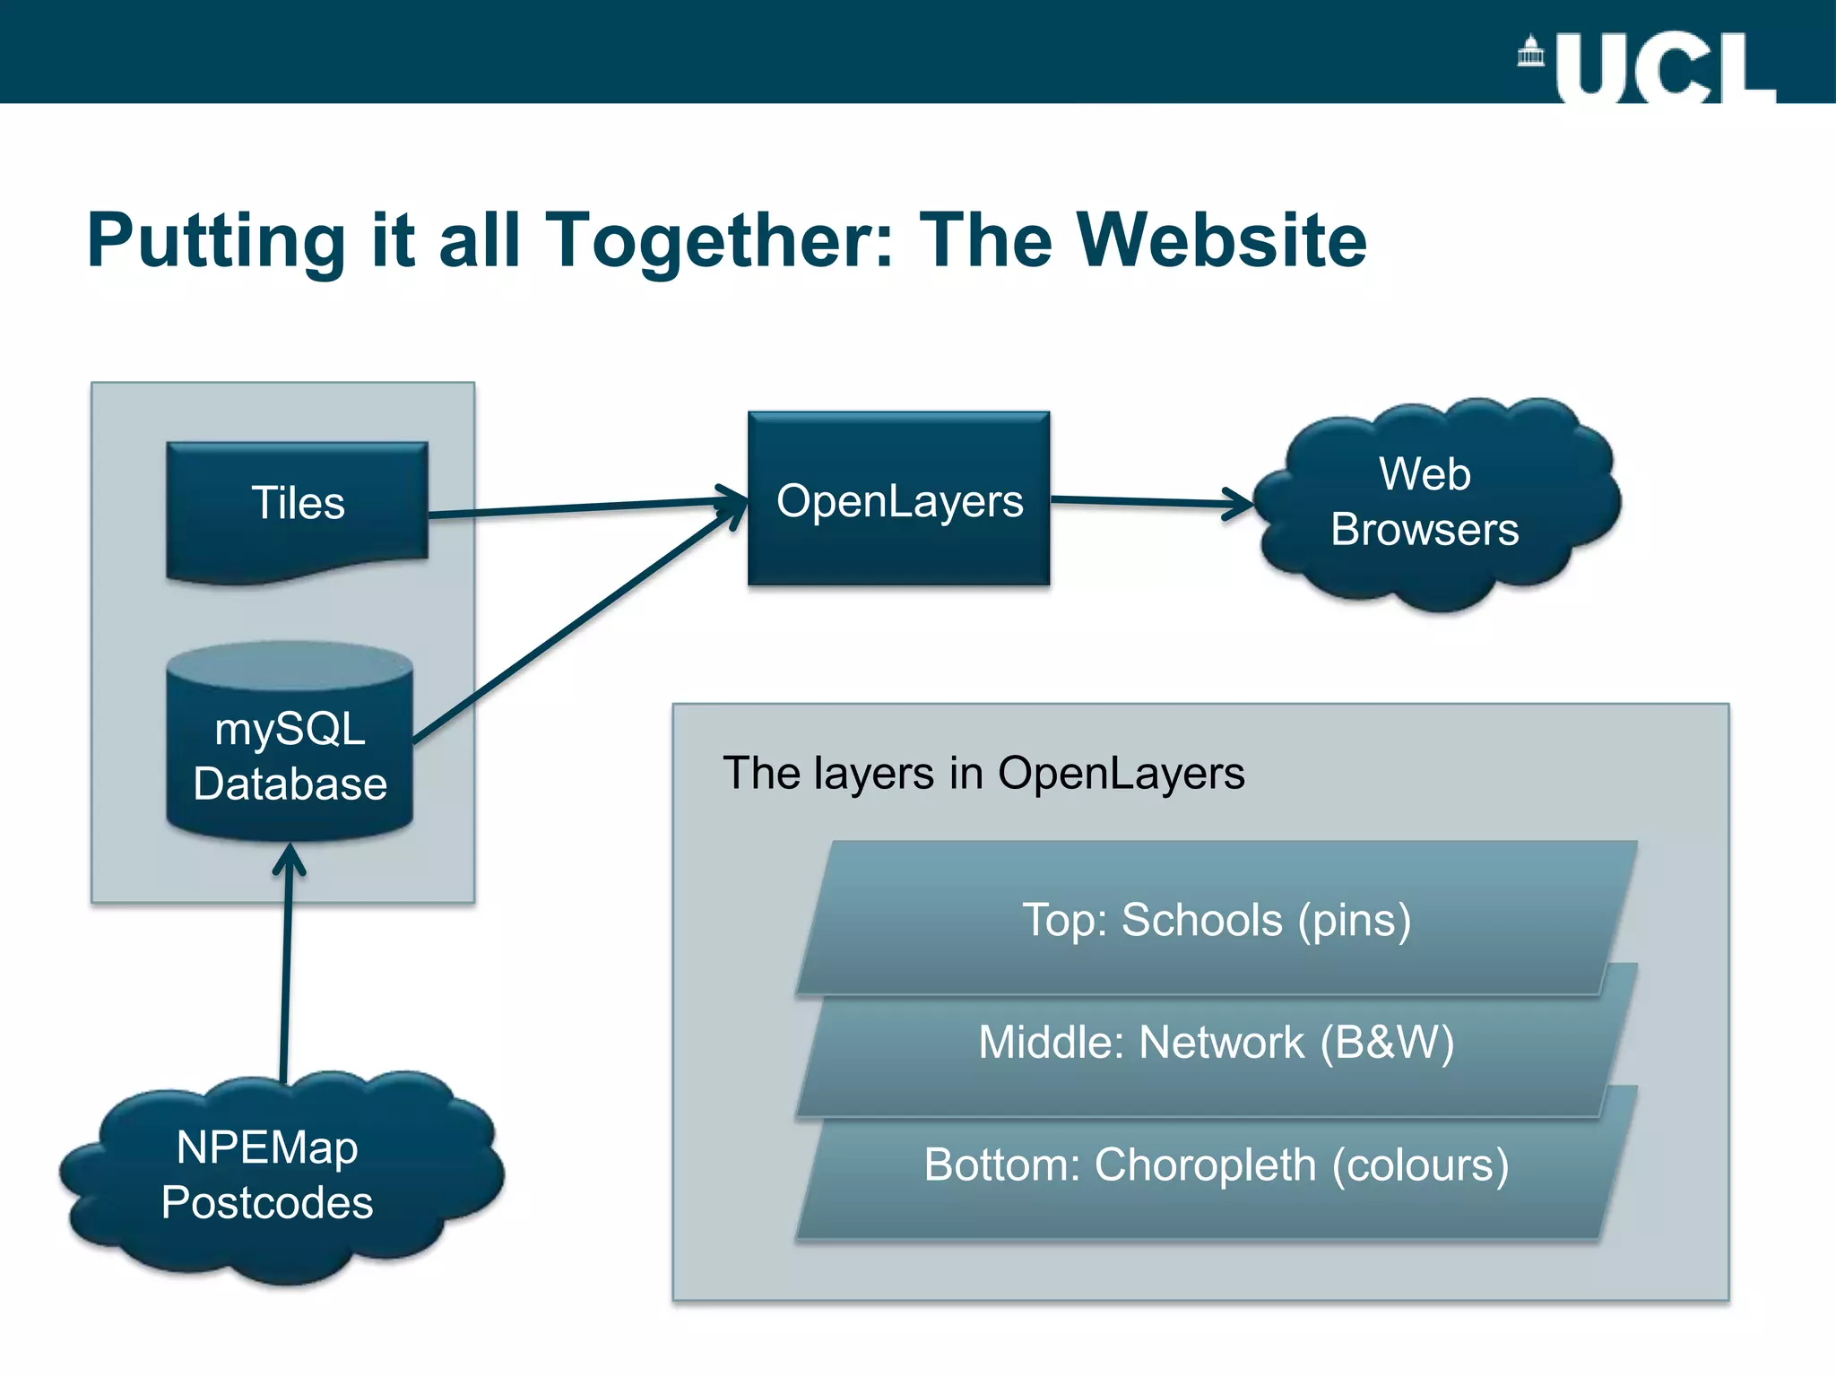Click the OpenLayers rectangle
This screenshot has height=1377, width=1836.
[899, 500]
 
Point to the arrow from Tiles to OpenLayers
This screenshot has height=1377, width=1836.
[583, 507]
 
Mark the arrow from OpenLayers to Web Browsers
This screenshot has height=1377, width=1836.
[1147, 502]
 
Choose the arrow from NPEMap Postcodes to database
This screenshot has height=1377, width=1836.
[286, 968]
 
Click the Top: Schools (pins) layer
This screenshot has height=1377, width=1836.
[1217, 920]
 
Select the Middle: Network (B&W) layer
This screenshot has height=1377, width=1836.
[1217, 1044]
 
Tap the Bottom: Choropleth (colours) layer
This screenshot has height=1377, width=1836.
[1217, 1165]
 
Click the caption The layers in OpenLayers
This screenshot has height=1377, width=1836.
[983, 773]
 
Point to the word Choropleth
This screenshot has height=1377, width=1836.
[1205, 1165]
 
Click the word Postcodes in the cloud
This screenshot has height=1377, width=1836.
[267, 1203]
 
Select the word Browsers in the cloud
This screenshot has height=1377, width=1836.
[1425, 529]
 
